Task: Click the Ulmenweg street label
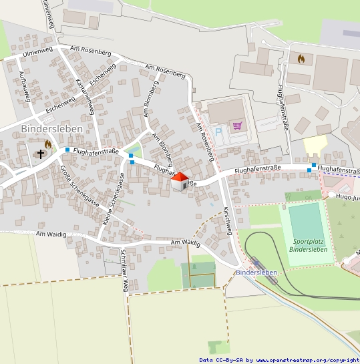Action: point(37,51)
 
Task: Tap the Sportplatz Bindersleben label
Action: point(309,245)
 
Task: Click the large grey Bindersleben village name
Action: point(51,128)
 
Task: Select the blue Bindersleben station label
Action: point(256,272)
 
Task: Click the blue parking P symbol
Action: point(218,132)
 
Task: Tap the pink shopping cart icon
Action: point(236,125)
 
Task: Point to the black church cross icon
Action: point(41,154)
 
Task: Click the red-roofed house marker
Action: point(180,180)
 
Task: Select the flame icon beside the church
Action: point(48,144)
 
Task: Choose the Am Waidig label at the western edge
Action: point(51,234)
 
